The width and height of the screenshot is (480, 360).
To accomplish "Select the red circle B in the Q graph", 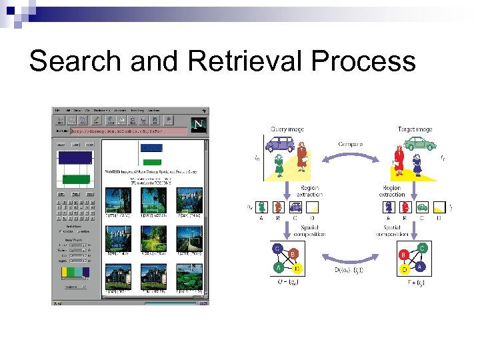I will (x=292, y=255).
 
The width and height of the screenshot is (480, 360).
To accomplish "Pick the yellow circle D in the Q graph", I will (x=297, y=269).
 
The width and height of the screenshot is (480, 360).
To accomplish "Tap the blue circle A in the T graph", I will (x=419, y=267).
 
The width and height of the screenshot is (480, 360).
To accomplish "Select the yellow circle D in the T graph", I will (x=404, y=269).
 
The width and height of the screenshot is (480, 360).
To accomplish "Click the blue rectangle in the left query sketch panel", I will (x=75, y=157).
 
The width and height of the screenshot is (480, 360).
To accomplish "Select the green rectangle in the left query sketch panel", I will (x=75, y=179).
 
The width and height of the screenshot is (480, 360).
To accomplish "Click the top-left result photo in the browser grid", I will (x=119, y=200).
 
